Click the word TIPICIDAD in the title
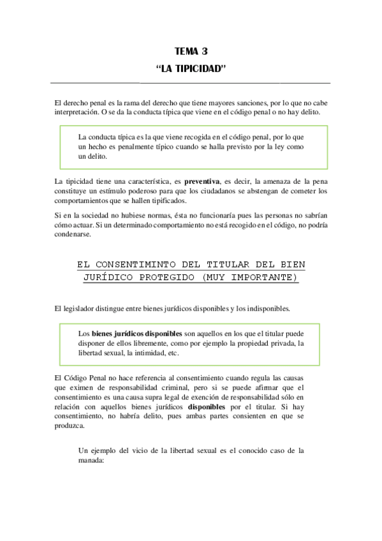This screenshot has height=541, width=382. click(x=197, y=68)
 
